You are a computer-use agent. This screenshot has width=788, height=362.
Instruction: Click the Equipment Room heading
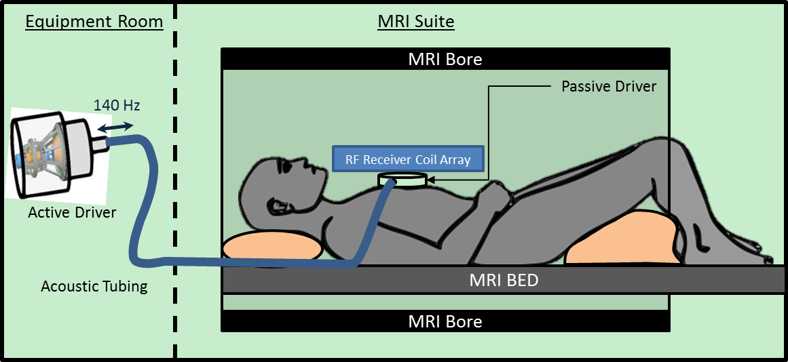tap(94, 22)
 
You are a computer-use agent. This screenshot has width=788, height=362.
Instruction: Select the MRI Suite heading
tap(415, 22)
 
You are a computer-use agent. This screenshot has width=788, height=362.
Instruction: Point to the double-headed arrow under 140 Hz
tap(115, 125)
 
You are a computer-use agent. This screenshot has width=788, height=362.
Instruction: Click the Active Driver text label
tap(72, 213)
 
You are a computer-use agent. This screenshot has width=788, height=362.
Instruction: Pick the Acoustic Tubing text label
tap(94, 286)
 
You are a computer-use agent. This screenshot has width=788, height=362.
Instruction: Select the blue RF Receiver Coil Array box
tap(408, 160)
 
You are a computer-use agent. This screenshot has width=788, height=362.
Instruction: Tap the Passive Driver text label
tap(609, 87)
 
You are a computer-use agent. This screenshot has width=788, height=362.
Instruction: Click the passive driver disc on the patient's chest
tap(403, 180)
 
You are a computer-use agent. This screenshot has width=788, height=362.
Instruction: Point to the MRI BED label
tap(504, 279)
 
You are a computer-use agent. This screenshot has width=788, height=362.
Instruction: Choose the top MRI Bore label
tap(445, 59)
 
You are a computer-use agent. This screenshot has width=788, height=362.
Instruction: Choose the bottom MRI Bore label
tap(445, 321)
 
